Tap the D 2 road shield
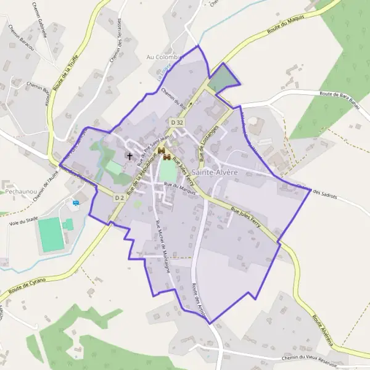click(120, 197)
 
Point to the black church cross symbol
click(129, 156)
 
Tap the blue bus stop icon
click(76, 202)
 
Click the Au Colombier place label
click(164, 57)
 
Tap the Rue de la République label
click(133, 179)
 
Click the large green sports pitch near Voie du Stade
click(51, 234)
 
